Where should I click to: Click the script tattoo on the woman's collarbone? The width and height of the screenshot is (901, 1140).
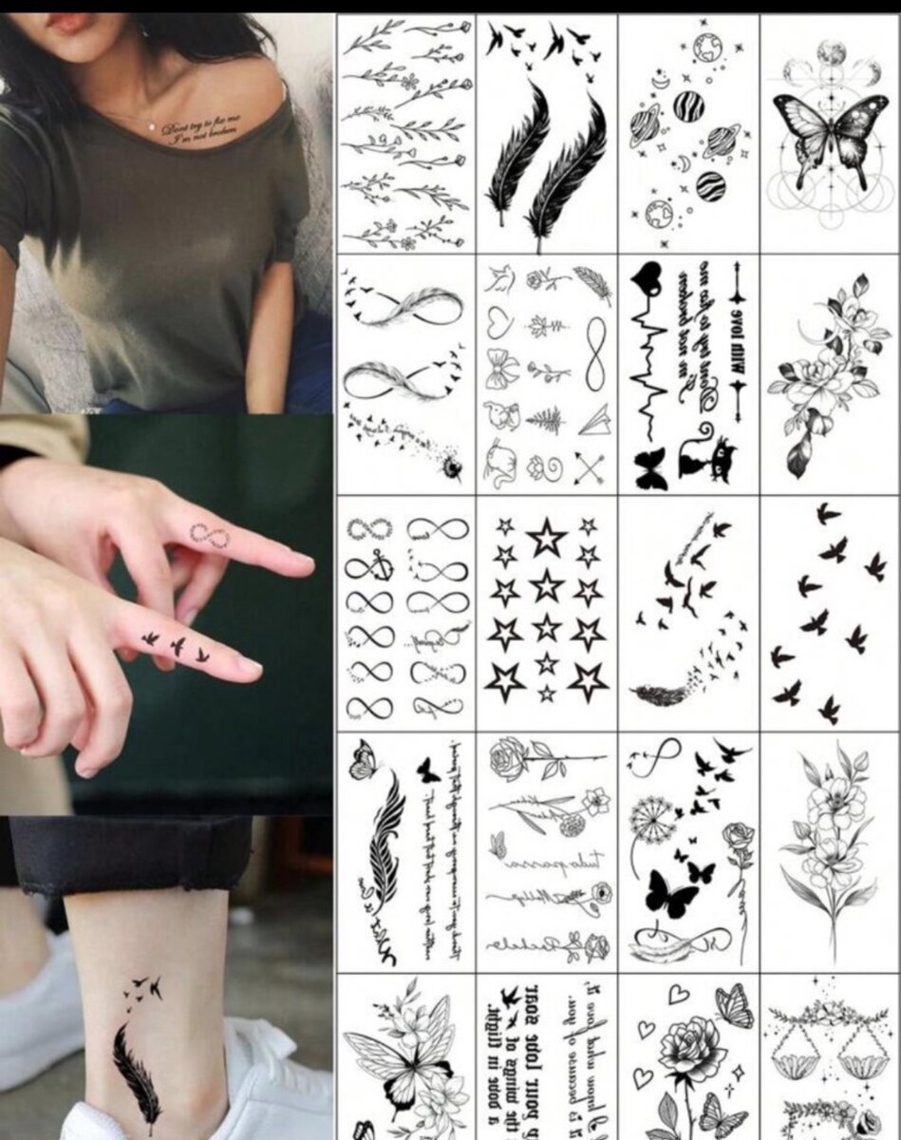[202, 131]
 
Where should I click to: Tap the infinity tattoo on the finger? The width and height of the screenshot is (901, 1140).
[209, 535]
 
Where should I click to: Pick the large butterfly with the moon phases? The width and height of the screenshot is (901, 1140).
[830, 134]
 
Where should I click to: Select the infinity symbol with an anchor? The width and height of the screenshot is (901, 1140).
[368, 568]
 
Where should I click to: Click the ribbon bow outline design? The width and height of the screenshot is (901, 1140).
[501, 370]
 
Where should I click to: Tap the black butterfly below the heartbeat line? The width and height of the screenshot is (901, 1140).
[651, 470]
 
